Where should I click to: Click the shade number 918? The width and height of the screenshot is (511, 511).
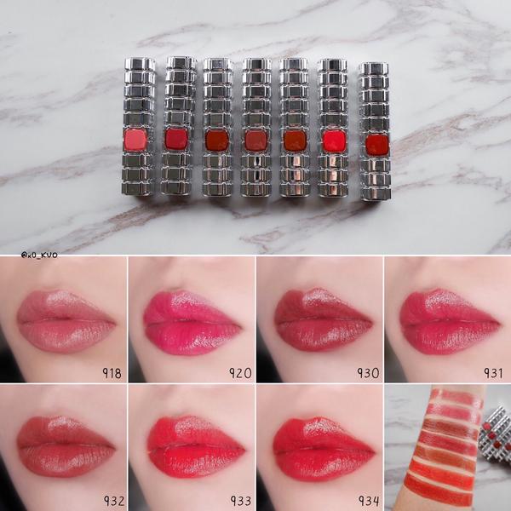click(112, 373)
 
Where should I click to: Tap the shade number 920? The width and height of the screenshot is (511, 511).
click(240, 373)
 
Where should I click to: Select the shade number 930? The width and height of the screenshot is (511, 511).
click(368, 373)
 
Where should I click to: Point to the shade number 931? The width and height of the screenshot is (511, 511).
click(493, 373)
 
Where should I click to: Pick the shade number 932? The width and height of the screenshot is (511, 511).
click(114, 501)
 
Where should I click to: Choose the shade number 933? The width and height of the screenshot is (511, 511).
click(241, 501)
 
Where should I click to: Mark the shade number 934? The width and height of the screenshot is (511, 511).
click(369, 501)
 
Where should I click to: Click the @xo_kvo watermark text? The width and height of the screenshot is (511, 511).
click(39, 255)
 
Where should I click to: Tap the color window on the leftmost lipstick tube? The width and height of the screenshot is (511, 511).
click(135, 140)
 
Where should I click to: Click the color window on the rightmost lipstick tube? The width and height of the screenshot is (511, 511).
click(377, 145)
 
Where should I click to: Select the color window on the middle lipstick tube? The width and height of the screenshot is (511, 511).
click(255, 141)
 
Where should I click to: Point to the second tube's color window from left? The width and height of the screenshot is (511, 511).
click(176, 139)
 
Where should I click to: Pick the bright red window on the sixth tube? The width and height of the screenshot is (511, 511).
click(334, 141)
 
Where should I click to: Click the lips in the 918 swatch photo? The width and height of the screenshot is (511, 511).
click(66, 321)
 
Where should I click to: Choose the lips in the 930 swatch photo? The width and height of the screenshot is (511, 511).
click(324, 320)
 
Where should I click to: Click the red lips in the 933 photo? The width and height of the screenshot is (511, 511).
click(196, 447)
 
